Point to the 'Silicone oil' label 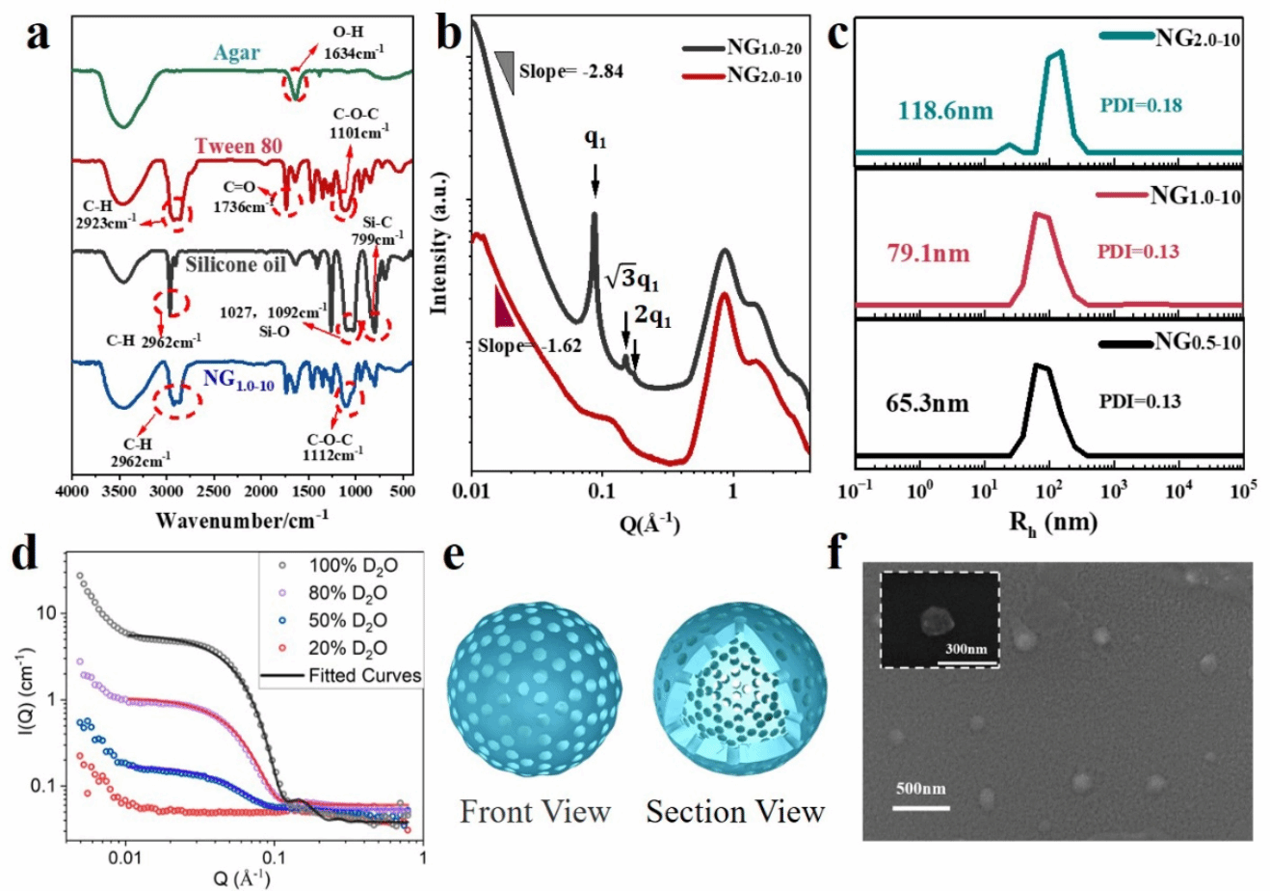(237, 264)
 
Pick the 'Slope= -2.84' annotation (571, 70)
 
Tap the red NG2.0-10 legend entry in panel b (766, 77)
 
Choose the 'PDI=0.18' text (1140, 104)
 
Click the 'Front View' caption (536, 811)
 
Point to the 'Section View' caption (735, 811)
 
